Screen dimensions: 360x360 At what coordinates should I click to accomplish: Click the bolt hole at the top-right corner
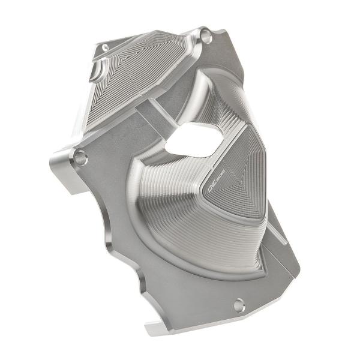tap(208, 37)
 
